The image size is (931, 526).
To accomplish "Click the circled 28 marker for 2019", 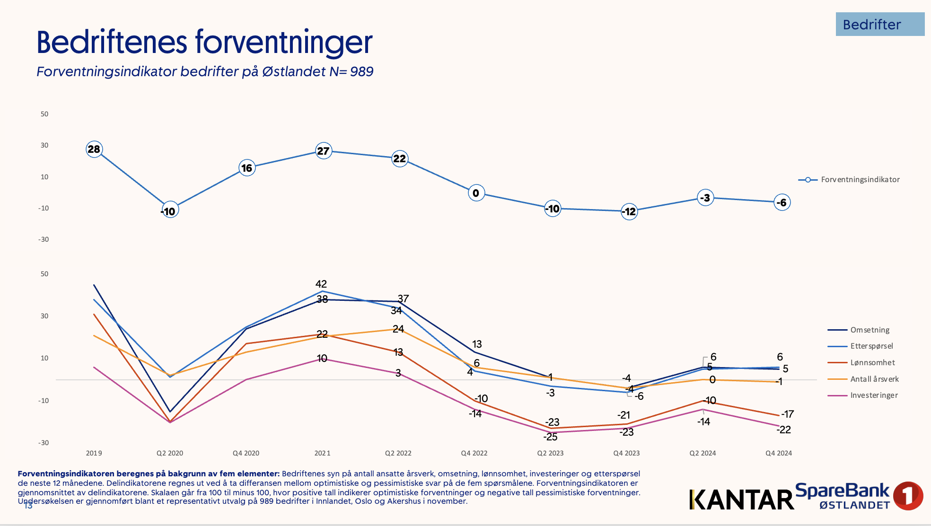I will (94, 149).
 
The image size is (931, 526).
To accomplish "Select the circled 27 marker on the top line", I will (324, 151).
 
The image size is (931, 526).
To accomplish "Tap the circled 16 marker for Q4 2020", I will (247, 168).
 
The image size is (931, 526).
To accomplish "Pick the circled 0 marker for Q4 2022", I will (476, 193).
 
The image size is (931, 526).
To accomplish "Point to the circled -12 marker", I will (629, 211).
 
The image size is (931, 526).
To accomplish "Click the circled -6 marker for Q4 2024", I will (782, 202).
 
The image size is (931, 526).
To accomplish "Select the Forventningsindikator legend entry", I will (860, 180).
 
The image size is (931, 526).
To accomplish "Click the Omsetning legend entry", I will (870, 330).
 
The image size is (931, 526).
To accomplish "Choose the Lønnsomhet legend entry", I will (872, 363).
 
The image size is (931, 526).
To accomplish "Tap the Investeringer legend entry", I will (874, 395).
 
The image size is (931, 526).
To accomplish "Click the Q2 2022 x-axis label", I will (398, 453).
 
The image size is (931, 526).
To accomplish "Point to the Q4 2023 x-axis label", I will (626, 453).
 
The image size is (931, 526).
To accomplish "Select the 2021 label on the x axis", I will (322, 453).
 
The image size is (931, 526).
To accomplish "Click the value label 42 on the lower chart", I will (321, 284).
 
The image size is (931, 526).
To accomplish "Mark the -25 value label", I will (550, 437).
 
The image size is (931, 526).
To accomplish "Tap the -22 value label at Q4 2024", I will (784, 430).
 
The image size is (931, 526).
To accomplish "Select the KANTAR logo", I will (741, 500).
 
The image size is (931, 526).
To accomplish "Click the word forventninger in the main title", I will (284, 43).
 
